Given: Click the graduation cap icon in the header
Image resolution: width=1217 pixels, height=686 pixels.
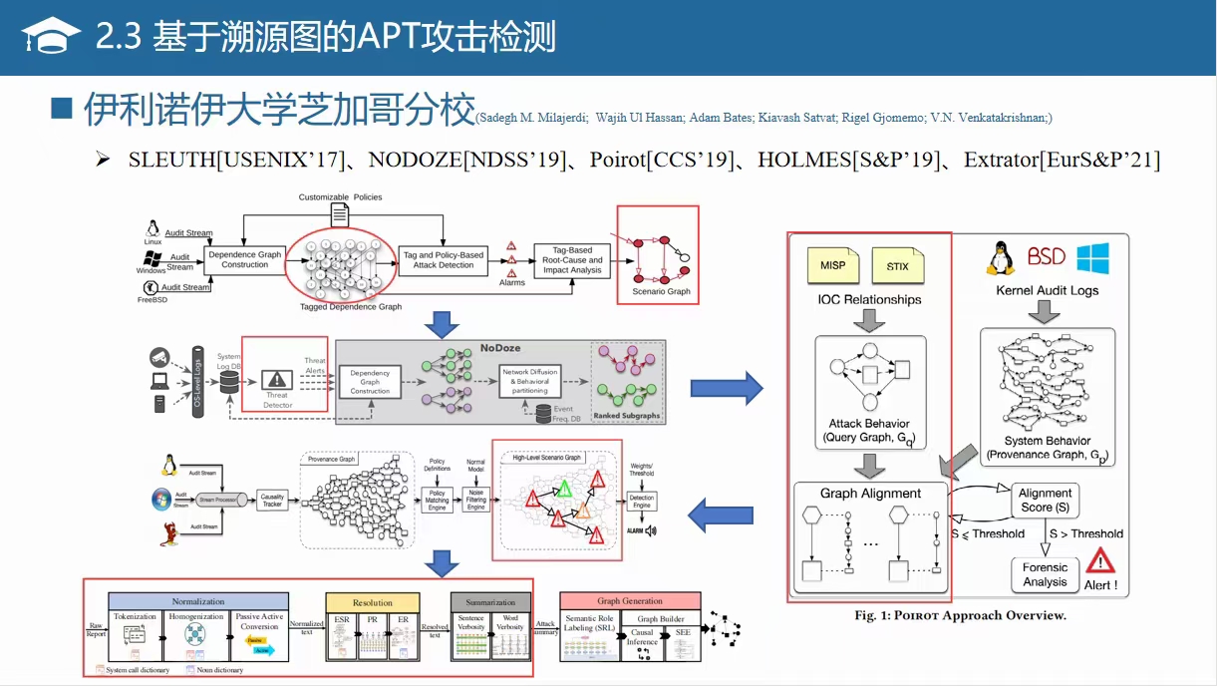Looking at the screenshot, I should coord(52,37).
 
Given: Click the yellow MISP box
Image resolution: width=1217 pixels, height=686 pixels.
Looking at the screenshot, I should coord(833,266).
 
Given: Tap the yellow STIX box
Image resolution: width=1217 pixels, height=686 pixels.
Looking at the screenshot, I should coord(897,266).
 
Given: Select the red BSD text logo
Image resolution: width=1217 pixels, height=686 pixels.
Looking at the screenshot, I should coord(1047,257).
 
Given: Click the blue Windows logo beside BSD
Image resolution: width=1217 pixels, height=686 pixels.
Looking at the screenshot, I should coord(1092,258).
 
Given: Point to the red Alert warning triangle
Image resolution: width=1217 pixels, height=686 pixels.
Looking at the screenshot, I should coord(1099,564).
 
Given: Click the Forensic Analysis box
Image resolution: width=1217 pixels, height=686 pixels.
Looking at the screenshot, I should coord(1045,574).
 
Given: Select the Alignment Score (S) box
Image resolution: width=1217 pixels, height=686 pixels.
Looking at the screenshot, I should coord(1045,500).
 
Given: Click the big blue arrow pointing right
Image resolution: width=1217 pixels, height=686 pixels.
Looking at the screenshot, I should coord(726,389).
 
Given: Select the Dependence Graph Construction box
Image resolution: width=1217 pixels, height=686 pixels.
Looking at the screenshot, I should coord(244,259).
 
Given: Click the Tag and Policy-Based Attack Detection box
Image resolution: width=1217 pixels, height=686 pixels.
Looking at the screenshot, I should coord(443,259).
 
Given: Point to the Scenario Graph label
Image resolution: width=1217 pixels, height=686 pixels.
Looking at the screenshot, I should coord(661,292).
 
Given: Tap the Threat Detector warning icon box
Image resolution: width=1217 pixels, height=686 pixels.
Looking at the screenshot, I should coord(278,381).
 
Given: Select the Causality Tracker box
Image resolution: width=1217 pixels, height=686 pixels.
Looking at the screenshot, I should coord(272,501).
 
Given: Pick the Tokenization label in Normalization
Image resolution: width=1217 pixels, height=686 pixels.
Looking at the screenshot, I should coord(135,616).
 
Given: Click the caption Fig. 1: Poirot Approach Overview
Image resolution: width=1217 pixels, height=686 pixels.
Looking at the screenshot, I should coord(960,615).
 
